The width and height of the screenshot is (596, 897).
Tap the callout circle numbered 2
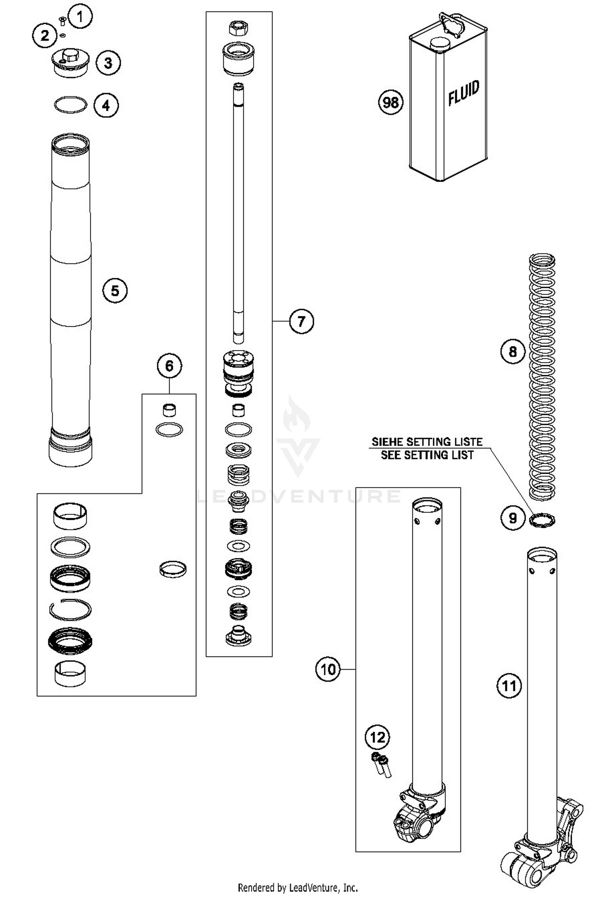coord(45,36)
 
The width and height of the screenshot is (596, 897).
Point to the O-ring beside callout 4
coord(70,105)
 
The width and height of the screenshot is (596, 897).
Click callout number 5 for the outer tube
coord(115,291)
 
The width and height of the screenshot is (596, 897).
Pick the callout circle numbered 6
coord(169,366)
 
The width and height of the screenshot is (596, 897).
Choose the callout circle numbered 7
coord(301,321)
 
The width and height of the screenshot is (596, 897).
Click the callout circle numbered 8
coord(513,351)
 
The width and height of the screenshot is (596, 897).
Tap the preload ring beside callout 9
coord(542,519)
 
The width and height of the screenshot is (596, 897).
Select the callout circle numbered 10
coord(328,669)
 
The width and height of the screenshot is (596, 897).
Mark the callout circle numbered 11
coord(509,686)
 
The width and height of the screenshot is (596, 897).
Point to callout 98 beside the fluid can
coord(390,102)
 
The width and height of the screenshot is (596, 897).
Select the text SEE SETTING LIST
coord(427,455)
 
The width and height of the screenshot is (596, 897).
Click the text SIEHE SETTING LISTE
coord(427,442)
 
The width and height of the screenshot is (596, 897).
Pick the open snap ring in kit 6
coord(70,609)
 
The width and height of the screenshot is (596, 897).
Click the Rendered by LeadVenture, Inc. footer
coord(298,887)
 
